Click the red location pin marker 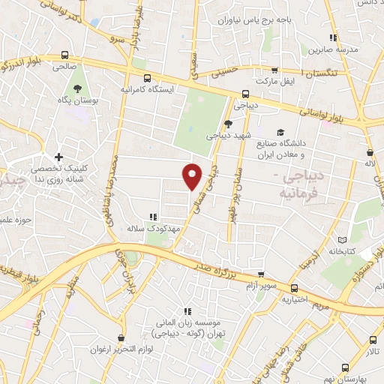[x=193, y=175]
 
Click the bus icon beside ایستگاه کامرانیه [x=147, y=77]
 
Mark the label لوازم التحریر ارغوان [x=106, y=349]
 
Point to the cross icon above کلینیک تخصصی [x=58, y=157]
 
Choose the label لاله [x=370, y=162]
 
